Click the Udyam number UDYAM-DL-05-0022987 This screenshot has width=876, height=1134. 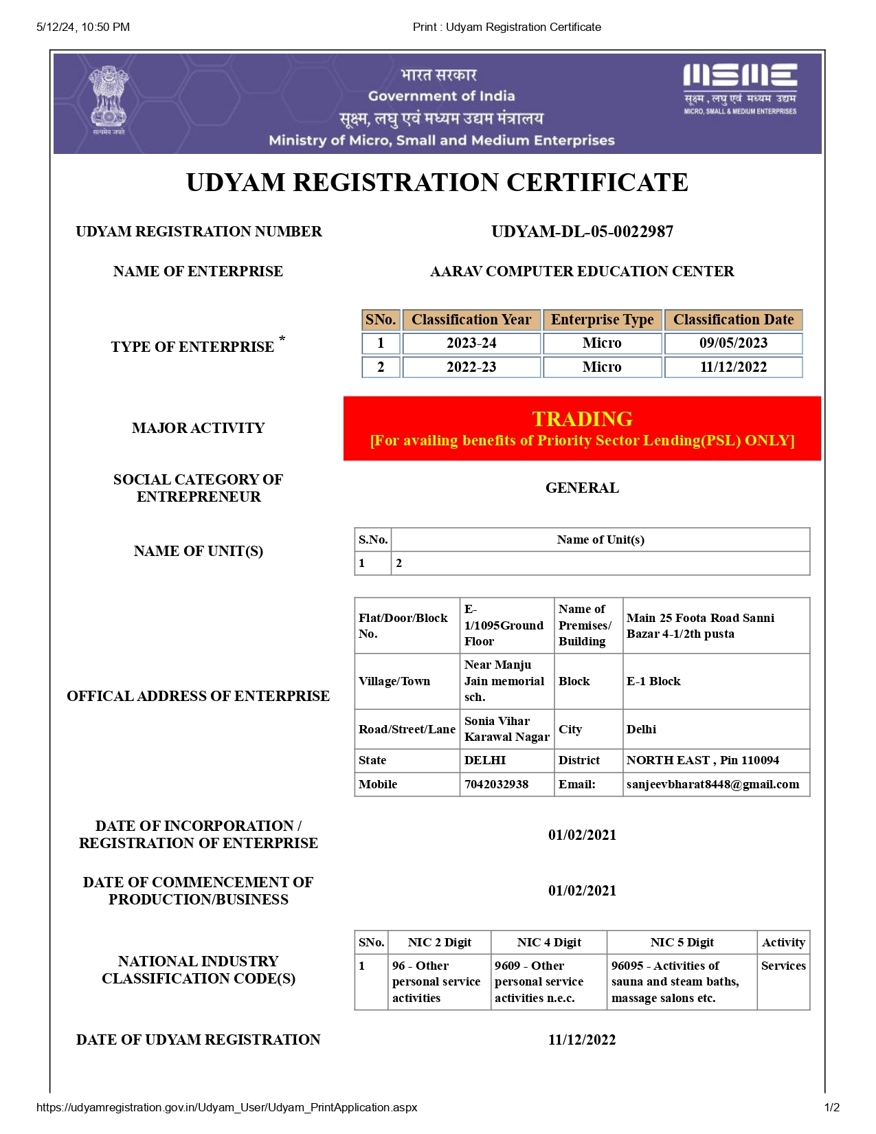point(582,232)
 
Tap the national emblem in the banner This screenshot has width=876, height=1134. point(108,100)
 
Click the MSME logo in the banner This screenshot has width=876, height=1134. point(740,89)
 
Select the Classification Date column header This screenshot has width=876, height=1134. point(733,320)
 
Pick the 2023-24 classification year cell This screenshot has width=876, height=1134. point(471,343)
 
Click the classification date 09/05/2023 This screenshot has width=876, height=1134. point(733,343)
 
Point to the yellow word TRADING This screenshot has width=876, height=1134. point(582,419)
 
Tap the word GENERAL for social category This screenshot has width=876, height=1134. point(582,488)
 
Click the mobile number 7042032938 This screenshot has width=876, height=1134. point(497,784)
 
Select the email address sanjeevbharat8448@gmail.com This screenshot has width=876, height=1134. point(712,784)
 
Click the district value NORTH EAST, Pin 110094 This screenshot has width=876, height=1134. point(702,760)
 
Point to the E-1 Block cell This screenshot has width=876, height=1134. point(653,681)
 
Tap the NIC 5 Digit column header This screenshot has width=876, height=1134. point(682,942)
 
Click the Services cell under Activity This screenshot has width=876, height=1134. point(783,966)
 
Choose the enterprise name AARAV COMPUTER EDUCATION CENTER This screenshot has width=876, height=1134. point(582,271)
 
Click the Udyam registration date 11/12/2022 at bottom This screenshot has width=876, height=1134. point(582,1040)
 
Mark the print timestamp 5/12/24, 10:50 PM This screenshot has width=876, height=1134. point(83,27)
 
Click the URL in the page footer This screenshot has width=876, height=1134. point(227,1107)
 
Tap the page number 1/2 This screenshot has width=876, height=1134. point(831,1107)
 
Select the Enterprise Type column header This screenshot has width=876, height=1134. point(602,320)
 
